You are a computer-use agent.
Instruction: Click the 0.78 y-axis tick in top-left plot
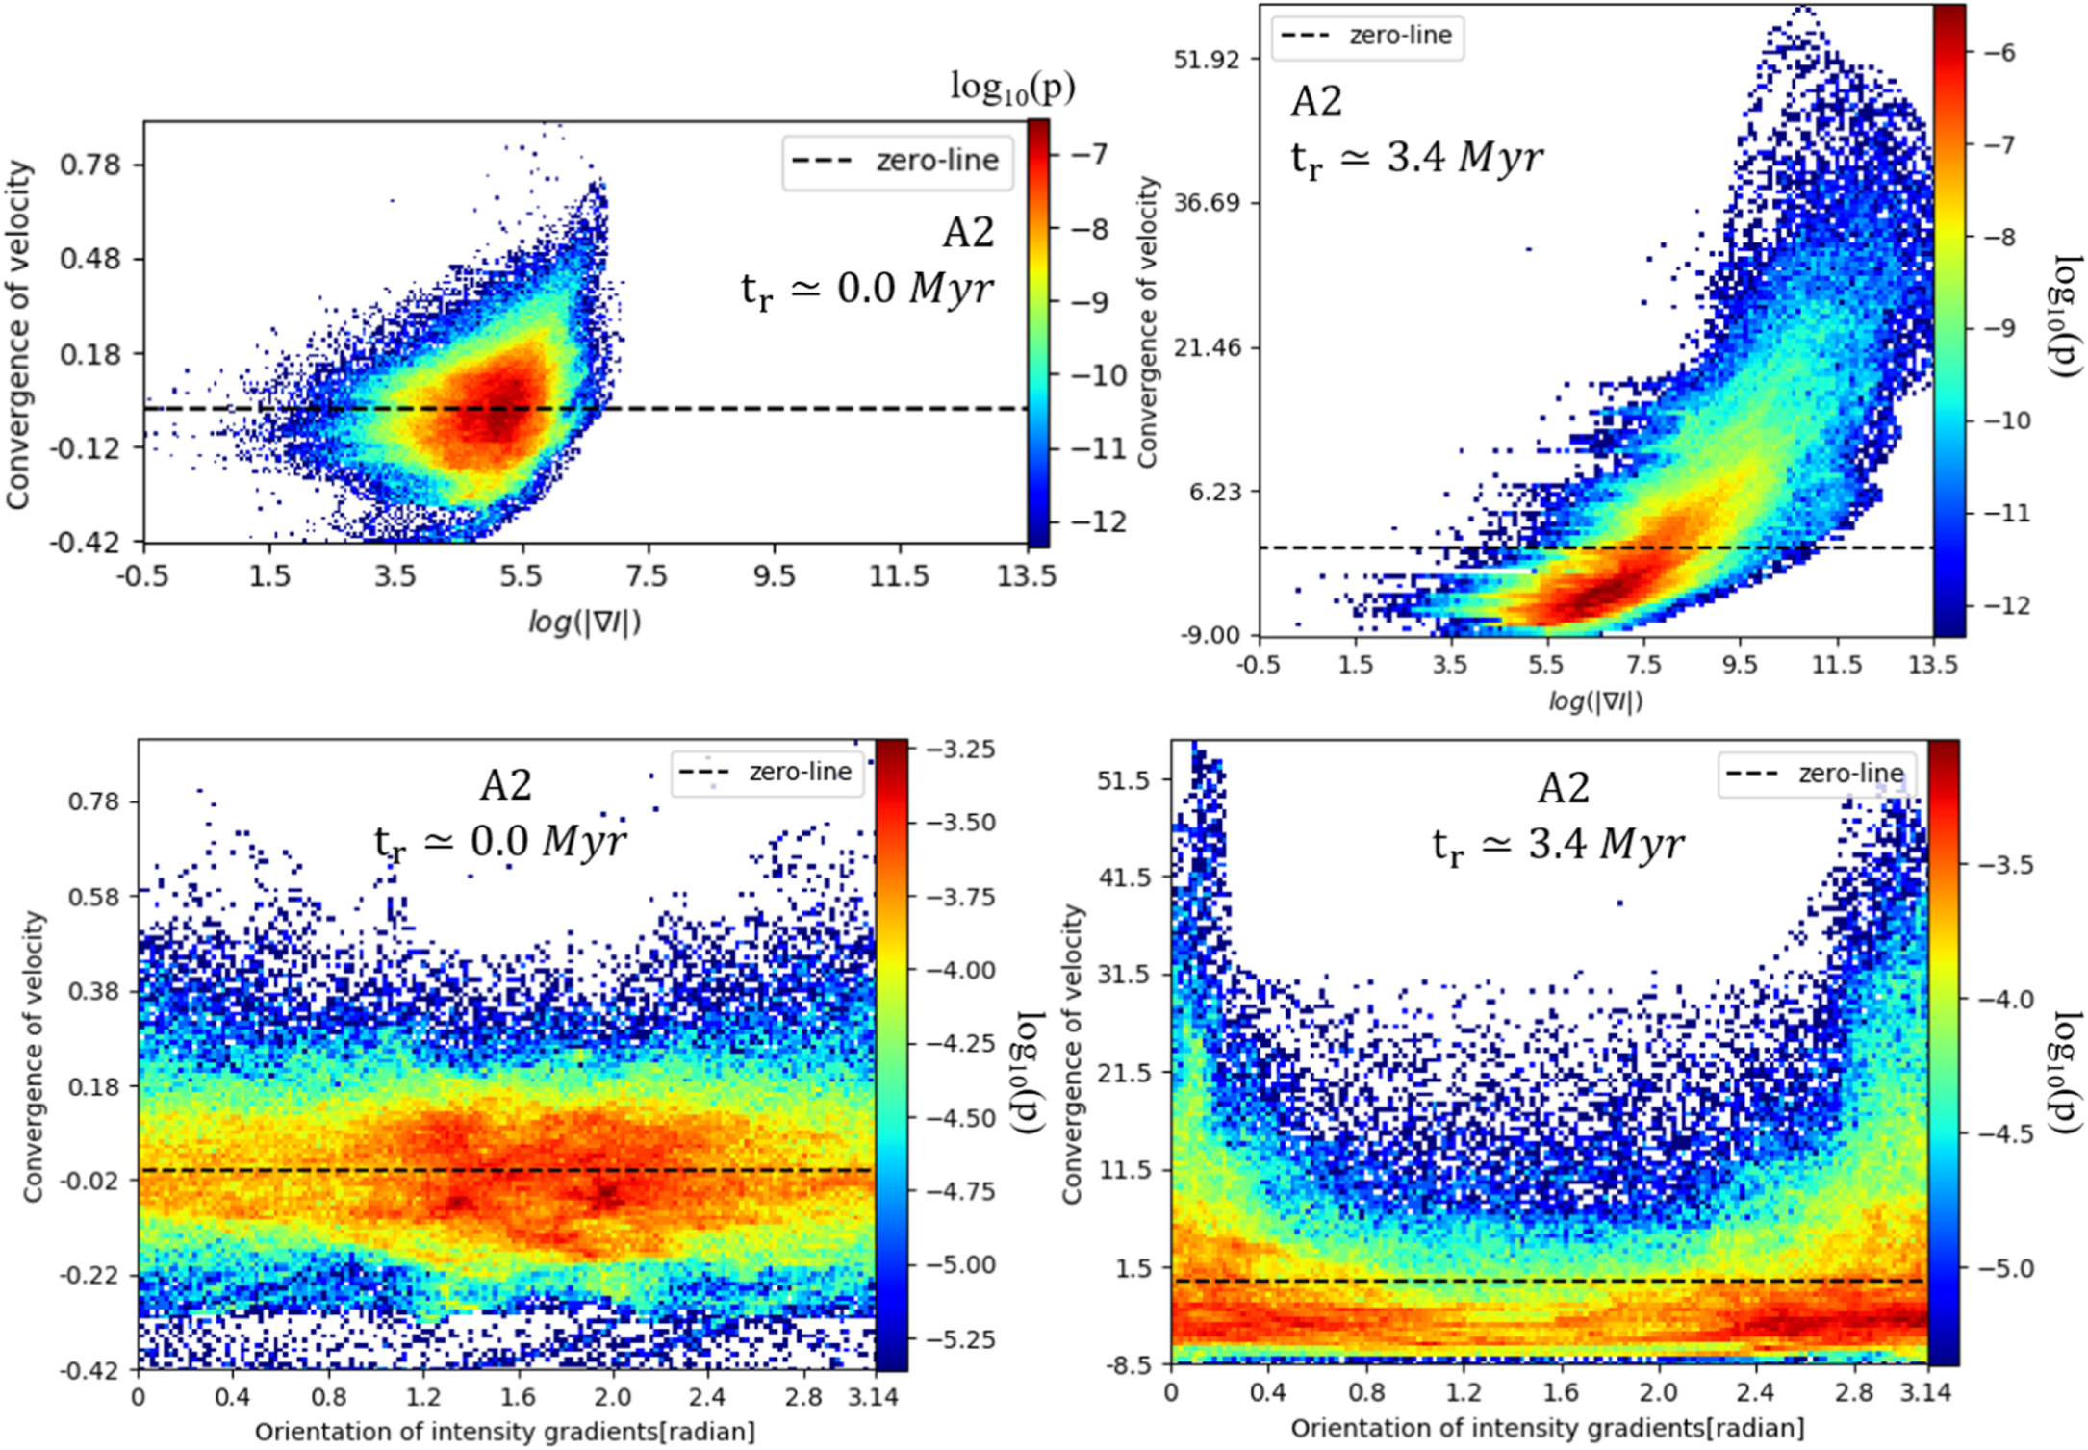pyautogui.click(x=90, y=165)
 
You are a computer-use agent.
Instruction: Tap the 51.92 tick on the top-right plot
pyautogui.click(x=1206, y=59)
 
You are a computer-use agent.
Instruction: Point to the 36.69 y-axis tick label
pyautogui.click(x=1206, y=203)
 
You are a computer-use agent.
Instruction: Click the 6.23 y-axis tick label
pyautogui.click(x=1214, y=492)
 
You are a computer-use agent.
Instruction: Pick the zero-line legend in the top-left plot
pyautogui.click(x=897, y=161)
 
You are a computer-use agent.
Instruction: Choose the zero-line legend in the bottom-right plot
pyautogui.click(x=1816, y=774)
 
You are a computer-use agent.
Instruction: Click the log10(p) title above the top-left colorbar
pyautogui.click(x=1012, y=89)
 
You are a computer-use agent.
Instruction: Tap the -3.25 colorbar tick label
pyautogui.click(x=959, y=750)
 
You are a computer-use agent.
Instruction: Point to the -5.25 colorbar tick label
pyautogui.click(x=959, y=1339)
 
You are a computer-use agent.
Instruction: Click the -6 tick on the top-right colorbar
pyautogui.click(x=1998, y=53)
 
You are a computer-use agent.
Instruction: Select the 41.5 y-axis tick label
pyautogui.click(x=1124, y=877)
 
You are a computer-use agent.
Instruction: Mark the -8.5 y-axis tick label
pyautogui.click(x=1128, y=1365)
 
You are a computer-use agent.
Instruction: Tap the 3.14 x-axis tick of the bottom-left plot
pyautogui.click(x=873, y=1397)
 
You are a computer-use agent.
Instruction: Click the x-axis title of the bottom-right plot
pyautogui.click(x=1547, y=1428)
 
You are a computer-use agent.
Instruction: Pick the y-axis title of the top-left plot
pyautogui.click(x=18, y=335)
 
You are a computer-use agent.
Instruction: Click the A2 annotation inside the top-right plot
pyautogui.click(x=1315, y=102)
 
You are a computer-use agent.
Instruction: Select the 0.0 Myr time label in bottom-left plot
pyautogui.click(x=499, y=842)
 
